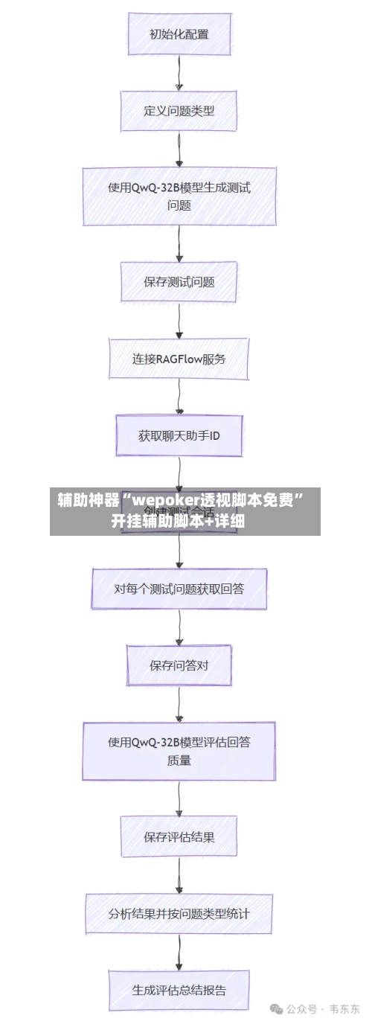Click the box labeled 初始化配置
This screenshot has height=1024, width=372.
point(179,34)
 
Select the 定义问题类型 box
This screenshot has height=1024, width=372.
point(179,111)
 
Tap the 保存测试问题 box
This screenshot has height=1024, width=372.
point(179,282)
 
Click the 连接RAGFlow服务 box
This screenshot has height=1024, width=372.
point(179,359)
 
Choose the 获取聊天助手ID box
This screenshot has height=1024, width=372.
point(179,435)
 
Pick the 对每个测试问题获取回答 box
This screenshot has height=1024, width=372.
point(179,589)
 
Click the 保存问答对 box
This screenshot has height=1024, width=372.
point(179,665)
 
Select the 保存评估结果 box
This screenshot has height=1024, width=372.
point(179,836)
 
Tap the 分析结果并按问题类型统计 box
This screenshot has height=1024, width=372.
point(179,913)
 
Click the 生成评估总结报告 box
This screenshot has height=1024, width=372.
point(179,990)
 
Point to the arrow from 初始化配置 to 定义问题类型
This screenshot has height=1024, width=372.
point(179,73)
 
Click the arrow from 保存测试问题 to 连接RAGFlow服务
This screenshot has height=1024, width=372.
point(179,321)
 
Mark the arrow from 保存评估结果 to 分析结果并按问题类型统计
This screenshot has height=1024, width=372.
point(179,875)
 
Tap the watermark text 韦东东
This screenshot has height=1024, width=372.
point(345,1009)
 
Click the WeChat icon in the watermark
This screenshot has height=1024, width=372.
point(277,1009)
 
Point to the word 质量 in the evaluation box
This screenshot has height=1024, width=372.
point(179,761)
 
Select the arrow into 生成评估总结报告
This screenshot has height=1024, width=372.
point(179,952)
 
